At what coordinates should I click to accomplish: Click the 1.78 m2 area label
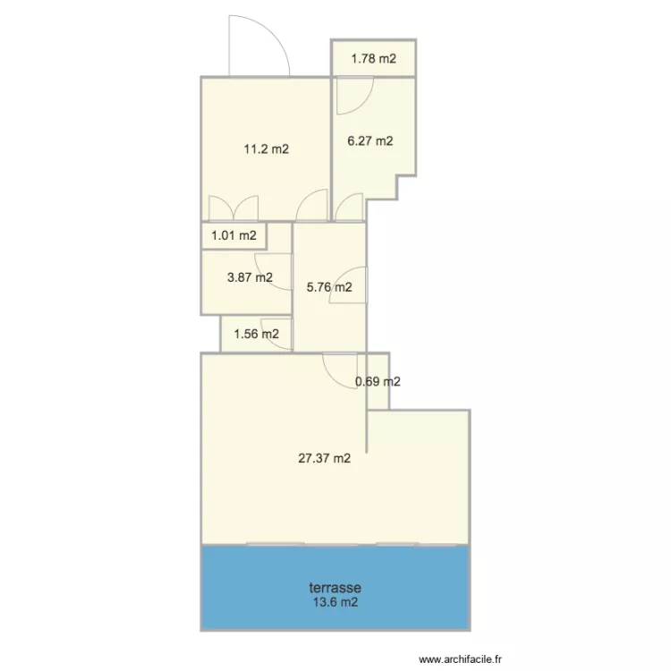tap(373, 59)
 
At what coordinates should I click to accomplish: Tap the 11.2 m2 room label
tap(267, 149)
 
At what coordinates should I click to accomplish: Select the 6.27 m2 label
tap(370, 140)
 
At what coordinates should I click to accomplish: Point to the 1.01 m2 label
tap(234, 236)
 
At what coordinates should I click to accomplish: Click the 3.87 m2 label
tap(250, 277)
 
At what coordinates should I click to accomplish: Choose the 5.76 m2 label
tap(328, 288)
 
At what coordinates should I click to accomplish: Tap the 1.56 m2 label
tap(256, 335)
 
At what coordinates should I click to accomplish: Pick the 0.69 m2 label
tap(378, 382)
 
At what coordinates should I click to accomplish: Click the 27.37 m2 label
tap(324, 459)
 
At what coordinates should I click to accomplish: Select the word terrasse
tap(335, 588)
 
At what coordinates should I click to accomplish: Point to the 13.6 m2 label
tap(335, 602)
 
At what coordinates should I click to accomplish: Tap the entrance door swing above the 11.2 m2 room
tap(259, 45)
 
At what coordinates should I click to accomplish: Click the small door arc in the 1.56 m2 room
tap(274, 327)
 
